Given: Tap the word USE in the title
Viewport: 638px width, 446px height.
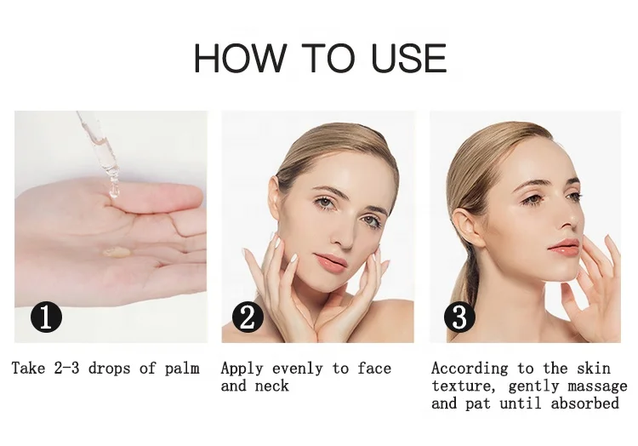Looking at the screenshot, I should [407, 59].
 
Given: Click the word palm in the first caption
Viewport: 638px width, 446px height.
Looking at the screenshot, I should [182, 369].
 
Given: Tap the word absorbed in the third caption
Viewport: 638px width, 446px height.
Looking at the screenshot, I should [584, 403].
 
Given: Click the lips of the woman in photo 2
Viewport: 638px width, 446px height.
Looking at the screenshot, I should [332, 260].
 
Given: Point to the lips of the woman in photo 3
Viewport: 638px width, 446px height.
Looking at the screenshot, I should [564, 247].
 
